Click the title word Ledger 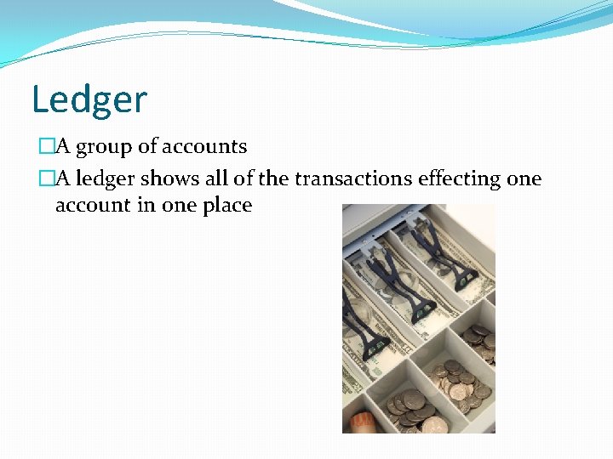coord(89,99)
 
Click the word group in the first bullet coord(105,147)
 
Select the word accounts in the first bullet coord(204,146)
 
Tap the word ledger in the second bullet coord(106,179)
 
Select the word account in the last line coord(94,206)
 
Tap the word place coord(226,206)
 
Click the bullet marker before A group coord(46,147)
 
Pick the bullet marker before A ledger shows coord(46,179)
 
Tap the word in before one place coord(146,206)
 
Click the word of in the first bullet coord(147,146)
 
